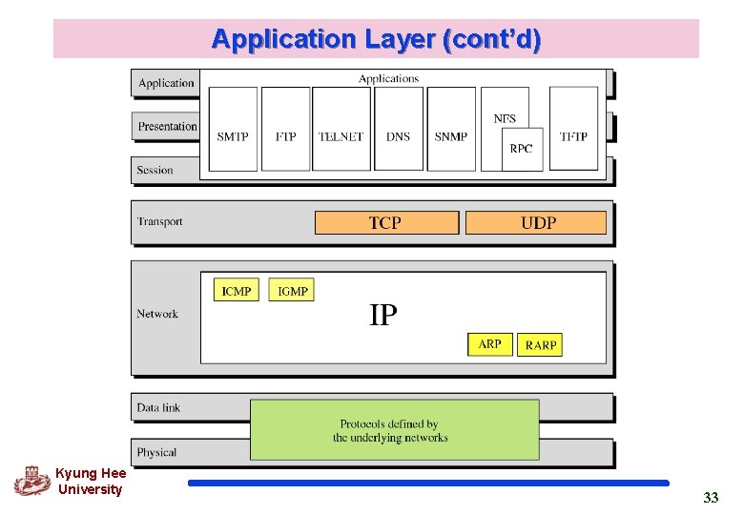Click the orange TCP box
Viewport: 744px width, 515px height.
(386, 222)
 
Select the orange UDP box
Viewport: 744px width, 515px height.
(536, 222)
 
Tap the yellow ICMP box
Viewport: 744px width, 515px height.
(236, 290)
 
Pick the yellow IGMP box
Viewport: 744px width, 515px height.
(291, 290)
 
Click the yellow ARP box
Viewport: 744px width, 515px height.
(490, 344)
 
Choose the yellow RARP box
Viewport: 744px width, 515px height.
(540, 344)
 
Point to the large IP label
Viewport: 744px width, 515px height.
(382, 316)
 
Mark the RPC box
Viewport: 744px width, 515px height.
(522, 149)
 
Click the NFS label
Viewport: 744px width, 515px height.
(505, 118)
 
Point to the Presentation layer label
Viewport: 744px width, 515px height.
(167, 126)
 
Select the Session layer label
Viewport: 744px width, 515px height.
(155, 170)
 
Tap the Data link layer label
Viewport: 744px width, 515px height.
(158, 407)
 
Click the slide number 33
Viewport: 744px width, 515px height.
(711, 497)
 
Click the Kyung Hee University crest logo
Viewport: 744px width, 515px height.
(32, 480)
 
